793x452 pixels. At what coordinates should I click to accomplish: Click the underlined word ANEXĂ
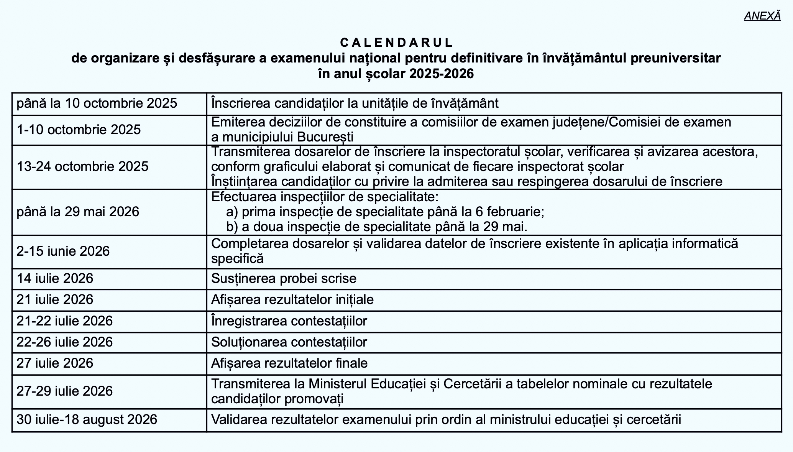tap(762, 16)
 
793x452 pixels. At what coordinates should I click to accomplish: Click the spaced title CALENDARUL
tap(396, 42)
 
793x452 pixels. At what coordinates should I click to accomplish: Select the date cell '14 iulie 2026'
tap(55, 278)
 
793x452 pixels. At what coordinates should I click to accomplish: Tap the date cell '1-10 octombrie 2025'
tap(79, 130)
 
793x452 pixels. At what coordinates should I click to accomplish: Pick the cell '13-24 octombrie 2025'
tap(82, 166)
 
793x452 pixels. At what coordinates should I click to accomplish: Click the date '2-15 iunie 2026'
tap(63, 251)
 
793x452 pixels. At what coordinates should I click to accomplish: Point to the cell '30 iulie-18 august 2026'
tap(87, 419)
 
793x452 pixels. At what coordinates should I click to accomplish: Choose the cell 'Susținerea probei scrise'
tap(284, 278)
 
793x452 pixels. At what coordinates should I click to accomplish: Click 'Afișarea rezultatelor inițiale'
tap(292, 299)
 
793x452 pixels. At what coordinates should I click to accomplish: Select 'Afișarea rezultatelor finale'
tap(289, 363)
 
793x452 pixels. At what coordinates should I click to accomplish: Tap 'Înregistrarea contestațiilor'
tap(289, 321)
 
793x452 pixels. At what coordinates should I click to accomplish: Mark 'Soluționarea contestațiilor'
tap(289, 342)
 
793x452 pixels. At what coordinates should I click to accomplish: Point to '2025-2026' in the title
tap(441, 74)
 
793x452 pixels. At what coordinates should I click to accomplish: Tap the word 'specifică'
tap(237, 258)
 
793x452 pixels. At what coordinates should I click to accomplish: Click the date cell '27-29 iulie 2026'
tap(64, 391)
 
